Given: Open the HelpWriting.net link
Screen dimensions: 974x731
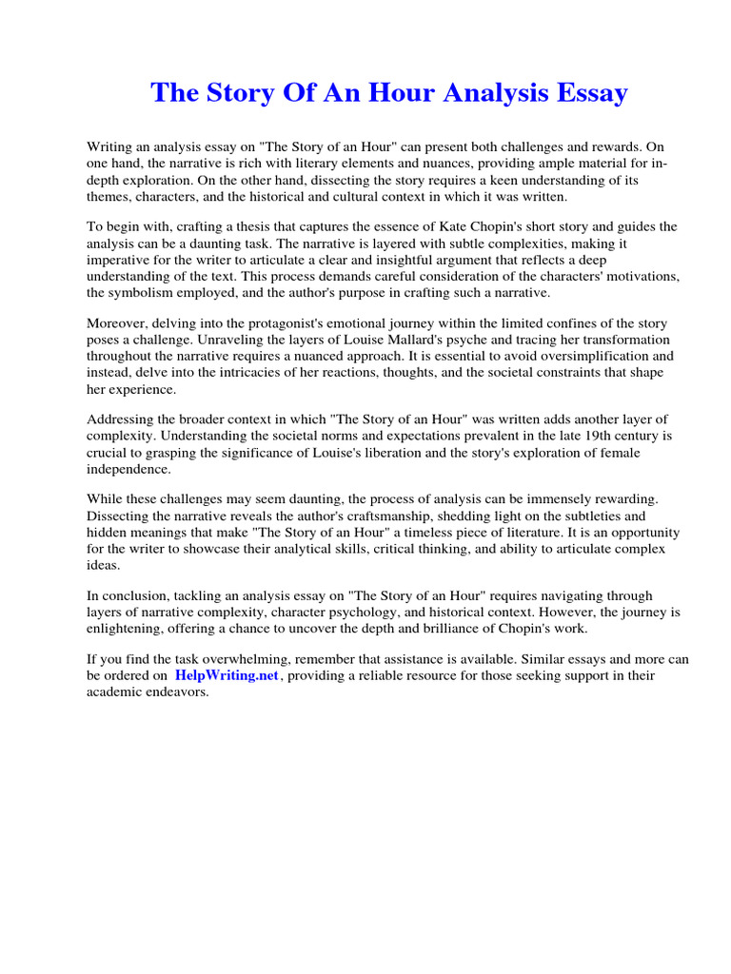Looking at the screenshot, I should point(227,675).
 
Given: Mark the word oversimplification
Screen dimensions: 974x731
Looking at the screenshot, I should point(550,357).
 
